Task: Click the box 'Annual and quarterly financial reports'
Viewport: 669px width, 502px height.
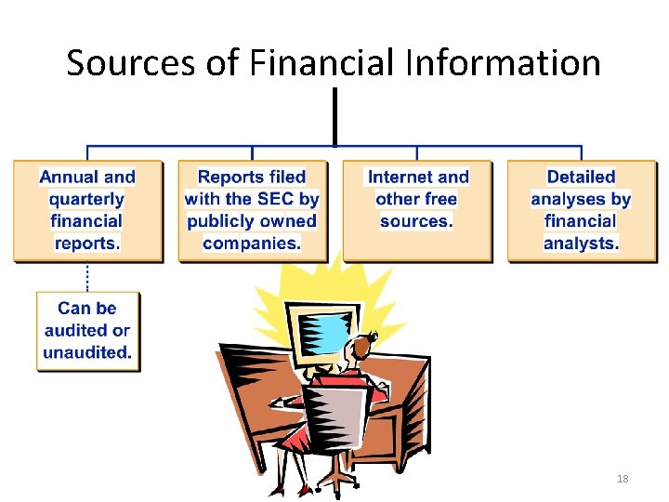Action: click(87, 210)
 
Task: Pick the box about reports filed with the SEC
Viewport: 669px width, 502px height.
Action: click(252, 210)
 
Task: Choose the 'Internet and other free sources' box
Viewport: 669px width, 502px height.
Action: click(417, 210)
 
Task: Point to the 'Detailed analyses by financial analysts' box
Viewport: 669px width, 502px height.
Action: click(582, 210)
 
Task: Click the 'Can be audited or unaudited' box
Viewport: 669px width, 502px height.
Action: click(87, 330)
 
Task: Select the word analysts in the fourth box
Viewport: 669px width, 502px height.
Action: click(582, 244)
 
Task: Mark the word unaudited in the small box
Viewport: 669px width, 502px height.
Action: click(87, 352)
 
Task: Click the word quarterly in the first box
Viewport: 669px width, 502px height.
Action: click(86, 199)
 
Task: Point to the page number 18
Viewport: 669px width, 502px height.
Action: click(623, 479)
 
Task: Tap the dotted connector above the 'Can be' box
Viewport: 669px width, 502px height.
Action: click(87, 277)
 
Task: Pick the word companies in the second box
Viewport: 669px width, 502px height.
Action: click(252, 244)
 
